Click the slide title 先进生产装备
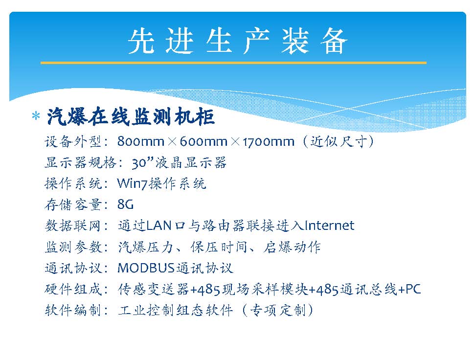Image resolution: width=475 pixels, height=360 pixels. (x=238, y=42)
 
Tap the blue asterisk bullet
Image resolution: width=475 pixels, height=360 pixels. (x=36, y=116)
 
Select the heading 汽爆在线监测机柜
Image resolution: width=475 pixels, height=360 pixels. (x=131, y=116)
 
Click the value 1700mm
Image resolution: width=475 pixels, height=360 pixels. (x=269, y=141)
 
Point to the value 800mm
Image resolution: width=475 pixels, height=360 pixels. (x=141, y=141)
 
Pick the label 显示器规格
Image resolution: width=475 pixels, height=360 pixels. (x=81, y=162)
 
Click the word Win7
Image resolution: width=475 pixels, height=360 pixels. (x=133, y=183)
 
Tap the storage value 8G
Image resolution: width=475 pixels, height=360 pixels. (x=125, y=204)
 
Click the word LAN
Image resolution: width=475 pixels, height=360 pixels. (x=158, y=225)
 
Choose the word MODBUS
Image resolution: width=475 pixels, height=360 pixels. (x=146, y=268)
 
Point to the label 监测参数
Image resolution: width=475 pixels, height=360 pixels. (x=73, y=247)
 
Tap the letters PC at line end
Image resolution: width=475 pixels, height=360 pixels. (x=413, y=289)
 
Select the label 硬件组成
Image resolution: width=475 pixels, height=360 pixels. (x=73, y=289)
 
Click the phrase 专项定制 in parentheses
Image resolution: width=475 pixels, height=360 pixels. (x=277, y=310)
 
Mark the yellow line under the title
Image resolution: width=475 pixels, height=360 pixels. (x=233, y=63)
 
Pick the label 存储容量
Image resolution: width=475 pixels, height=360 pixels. (x=73, y=204)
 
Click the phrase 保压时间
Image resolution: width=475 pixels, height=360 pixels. (x=218, y=247)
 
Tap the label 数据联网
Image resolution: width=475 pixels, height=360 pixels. (x=73, y=226)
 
